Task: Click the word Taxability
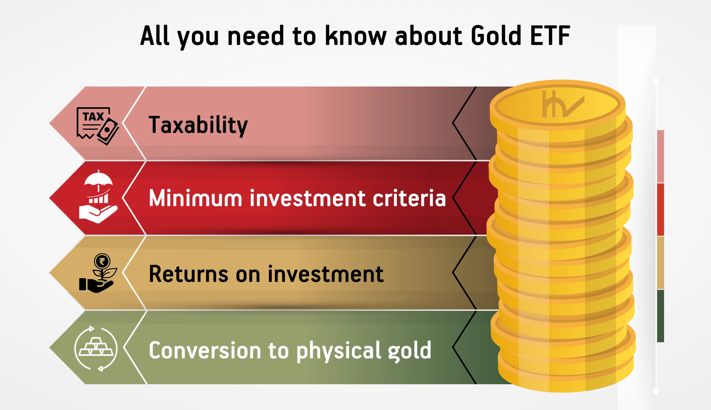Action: [x=198, y=125]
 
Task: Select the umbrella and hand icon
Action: [x=98, y=197]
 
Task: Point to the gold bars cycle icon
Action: [x=96, y=349]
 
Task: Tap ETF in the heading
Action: [x=550, y=36]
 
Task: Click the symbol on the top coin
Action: [x=563, y=104]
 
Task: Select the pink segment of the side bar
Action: [x=660, y=156]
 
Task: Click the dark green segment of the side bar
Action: [x=660, y=316]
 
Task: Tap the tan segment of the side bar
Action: [x=660, y=263]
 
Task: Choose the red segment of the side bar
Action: [x=660, y=209]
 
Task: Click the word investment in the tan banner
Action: [x=325, y=274]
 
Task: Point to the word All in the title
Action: [x=155, y=35]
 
